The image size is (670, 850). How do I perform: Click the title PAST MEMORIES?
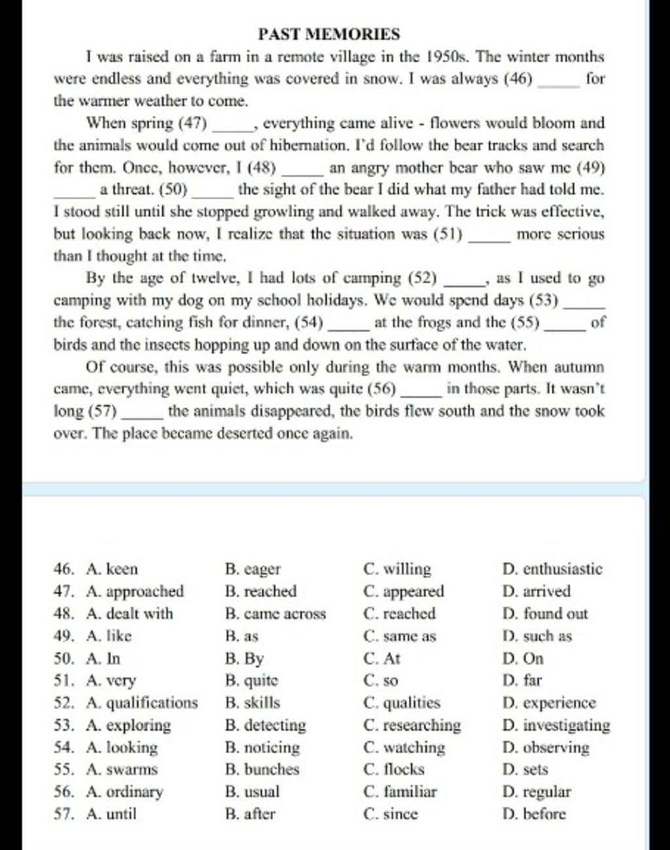[328, 34]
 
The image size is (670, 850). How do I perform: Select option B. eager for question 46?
[253, 569]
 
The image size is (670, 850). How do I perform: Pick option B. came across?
[275, 614]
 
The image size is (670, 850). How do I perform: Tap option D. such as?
[537, 636]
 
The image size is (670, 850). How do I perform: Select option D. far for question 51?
[522, 681]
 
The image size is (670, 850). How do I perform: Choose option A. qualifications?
[141, 703]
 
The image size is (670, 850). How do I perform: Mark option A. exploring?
[128, 725]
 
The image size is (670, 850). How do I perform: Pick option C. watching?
[404, 747]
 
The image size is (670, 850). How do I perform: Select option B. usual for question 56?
[252, 792]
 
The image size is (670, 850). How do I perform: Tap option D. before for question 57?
[534, 814]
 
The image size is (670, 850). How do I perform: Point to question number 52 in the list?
[63, 703]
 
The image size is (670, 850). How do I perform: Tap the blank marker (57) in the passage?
[102, 412]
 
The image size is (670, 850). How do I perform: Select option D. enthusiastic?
[552, 569]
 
